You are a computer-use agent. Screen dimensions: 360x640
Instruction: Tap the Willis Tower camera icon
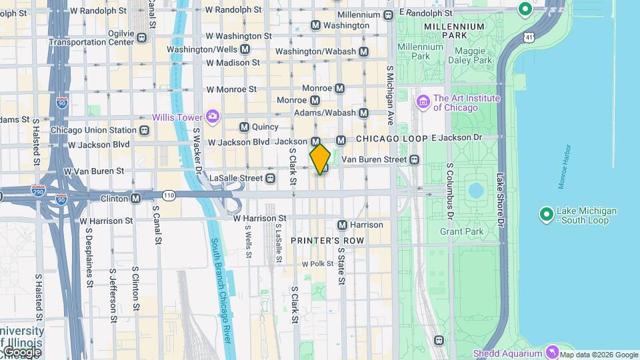[x=213, y=117]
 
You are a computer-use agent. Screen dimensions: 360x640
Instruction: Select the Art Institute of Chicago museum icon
[x=423, y=102]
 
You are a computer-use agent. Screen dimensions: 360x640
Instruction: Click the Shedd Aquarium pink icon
[x=551, y=351]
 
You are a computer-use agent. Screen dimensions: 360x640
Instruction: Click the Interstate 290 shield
[x=39, y=191]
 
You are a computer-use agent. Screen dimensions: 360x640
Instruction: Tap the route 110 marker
[x=169, y=195]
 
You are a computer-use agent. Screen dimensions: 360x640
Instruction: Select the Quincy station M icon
[x=244, y=127]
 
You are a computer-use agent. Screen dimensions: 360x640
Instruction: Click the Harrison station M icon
[x=343, y=225]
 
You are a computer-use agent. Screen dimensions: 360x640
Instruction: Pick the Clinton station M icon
[x=136, y=199]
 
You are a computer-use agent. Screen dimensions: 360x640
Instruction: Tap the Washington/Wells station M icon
[x=245, y=49]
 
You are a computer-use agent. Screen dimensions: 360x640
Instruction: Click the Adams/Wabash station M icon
[x=364, y=113]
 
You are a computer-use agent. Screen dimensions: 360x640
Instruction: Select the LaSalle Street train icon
[x=270, y=178]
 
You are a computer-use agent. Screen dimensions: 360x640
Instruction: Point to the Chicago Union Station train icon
[x=145, y=130]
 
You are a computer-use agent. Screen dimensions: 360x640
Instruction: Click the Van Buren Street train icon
[x=415, y=160]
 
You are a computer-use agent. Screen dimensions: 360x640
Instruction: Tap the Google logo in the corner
[x=21, y=352]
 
